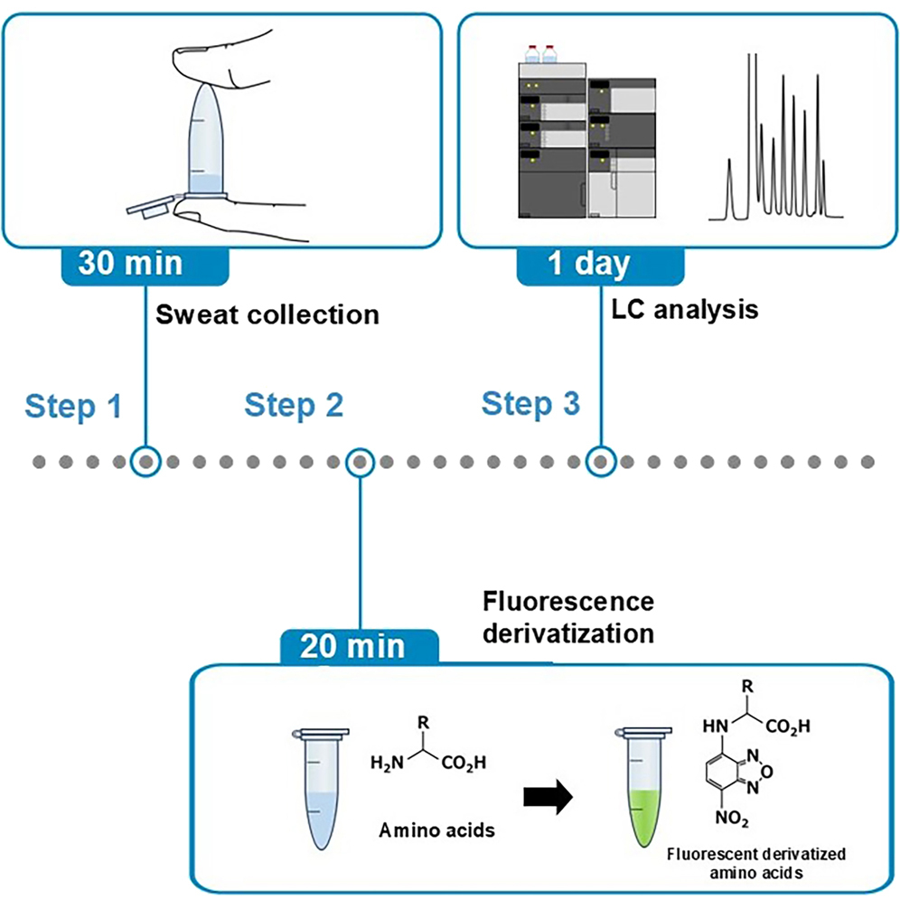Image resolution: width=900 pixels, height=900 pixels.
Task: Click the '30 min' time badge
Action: (x=144, y=263)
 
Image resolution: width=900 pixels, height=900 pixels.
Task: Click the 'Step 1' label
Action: (x=73, y=407)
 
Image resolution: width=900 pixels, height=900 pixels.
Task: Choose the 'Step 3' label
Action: (x=530, y=403)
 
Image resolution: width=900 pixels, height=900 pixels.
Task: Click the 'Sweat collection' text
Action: (x=267, y=314)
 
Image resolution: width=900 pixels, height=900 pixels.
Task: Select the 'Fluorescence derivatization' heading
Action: (x=568, y=617)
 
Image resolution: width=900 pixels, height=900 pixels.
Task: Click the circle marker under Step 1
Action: (x=145, y=462)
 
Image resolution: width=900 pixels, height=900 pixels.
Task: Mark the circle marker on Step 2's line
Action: (x=360, y=462)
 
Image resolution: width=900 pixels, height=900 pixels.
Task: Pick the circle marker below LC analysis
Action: (x=599, y=462)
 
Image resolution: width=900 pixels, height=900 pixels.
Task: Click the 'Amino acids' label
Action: (x=437, y=830)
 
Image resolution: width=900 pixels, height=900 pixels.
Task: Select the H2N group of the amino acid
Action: (x=388, y=764)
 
